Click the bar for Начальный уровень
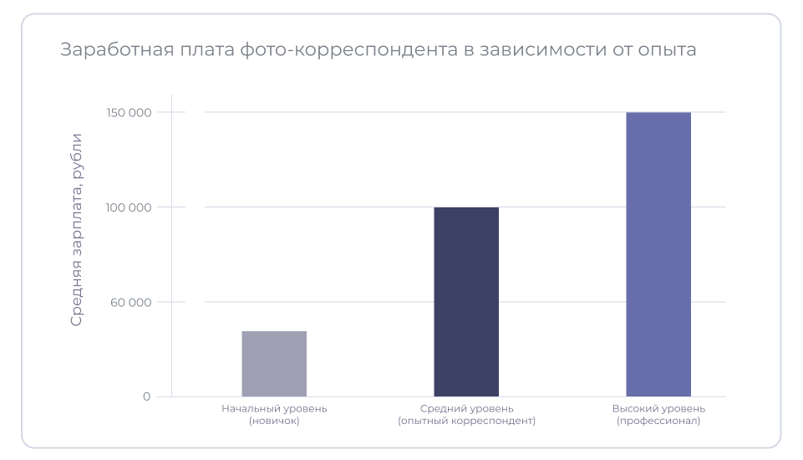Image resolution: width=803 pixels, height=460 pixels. coord(274,364)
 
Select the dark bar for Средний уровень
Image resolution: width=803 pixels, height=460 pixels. coord(466,302)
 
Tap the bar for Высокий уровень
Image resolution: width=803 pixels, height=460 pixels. coord(658,254)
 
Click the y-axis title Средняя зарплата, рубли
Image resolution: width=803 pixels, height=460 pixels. coord(77,229)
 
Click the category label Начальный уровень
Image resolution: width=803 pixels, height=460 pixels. coord(274,409)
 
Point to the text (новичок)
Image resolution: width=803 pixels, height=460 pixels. coord(274,422)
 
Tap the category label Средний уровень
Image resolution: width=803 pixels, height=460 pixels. coord(466,409)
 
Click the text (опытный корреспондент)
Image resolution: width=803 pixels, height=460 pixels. coord(466,422)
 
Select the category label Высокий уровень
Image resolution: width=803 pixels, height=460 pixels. coord(658,409)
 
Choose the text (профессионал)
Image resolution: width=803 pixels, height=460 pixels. coord(658,422)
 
